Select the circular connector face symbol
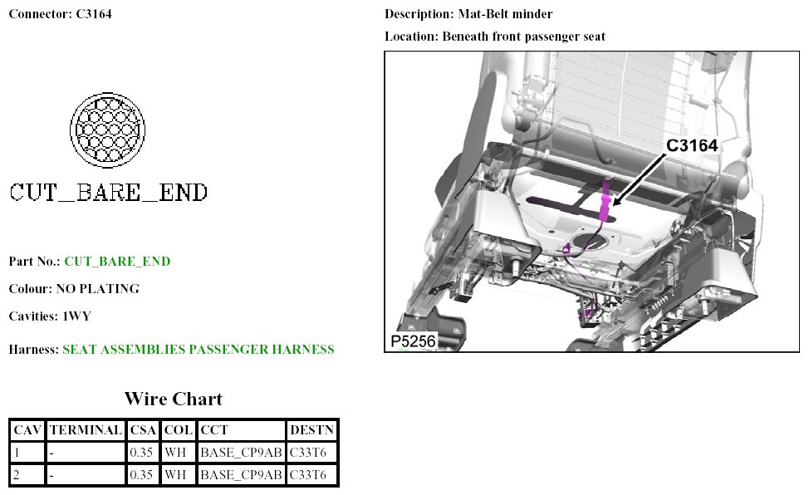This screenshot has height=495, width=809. click(x=108, y=129)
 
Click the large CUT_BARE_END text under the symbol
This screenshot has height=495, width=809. click(x=108, y=193)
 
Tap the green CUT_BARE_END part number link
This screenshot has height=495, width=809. click(x=117, y=261)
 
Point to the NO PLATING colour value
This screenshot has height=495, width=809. click(x=97, y=289)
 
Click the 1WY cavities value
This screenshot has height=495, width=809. click(x=76, y=316)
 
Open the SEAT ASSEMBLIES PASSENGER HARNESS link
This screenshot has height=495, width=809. click(x=199, y=350)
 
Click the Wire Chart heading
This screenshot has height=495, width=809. click(x=174, y=399)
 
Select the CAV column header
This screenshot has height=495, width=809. click(x=27, y=430)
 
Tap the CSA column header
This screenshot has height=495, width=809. click(x=143, y=430)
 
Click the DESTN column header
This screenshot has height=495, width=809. click(x=311, y=430)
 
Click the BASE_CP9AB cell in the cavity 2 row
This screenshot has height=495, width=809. click(x=241, y=475)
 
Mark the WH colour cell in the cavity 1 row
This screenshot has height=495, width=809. click(x=177, y=453)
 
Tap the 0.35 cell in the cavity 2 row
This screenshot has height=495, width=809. click(x=143, y=475)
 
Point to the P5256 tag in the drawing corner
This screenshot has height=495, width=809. click(x=413, y=341)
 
